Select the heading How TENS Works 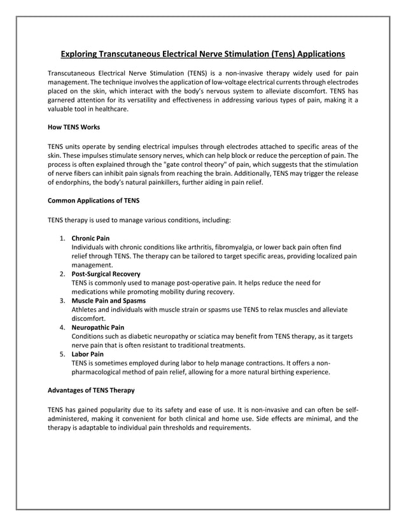[74, 127]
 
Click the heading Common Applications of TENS [94, 201]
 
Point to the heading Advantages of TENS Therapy [91, 389]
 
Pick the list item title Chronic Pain [90, 238]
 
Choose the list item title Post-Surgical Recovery [106, 274]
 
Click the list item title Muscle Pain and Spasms [108, 301]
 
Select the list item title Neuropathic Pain [97, 327]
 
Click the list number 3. [62, 301]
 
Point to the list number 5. [62, 354]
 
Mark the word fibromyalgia [239, 247]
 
